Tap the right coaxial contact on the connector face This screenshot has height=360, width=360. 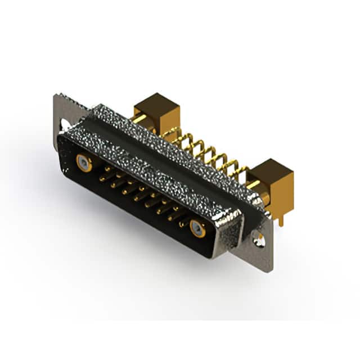[197, 228]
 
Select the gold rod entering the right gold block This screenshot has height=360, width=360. [253, 184]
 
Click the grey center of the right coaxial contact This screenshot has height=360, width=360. [197, 228]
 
